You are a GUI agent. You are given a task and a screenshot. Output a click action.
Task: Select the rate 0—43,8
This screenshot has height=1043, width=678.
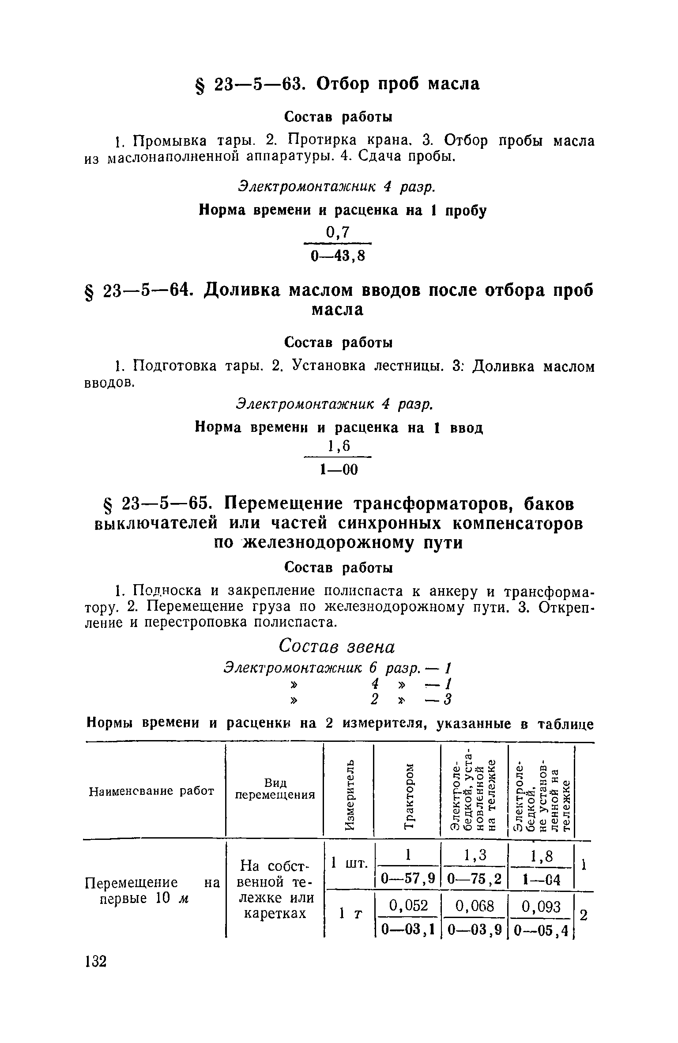pyautogui.click(x=338, y=256)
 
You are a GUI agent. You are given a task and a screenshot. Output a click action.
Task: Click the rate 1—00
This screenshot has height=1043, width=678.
pyautogui.click(x=339, y=470)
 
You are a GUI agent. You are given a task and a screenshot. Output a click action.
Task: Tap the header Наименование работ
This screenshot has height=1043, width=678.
pyautogui.click(x=151, y=791)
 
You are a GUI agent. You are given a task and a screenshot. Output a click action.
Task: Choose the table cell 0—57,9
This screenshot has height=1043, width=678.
pyautogui.click(x=408, y=877)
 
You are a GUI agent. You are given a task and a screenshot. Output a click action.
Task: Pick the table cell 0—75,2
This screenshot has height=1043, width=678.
pyautogui.click(x=475, y=877)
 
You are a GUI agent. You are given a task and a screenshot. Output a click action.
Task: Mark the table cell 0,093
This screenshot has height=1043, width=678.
pyautogui.click(x=541, y=907)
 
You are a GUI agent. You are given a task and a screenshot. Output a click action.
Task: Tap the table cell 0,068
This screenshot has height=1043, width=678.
pyautogui.click(x=475, y=907)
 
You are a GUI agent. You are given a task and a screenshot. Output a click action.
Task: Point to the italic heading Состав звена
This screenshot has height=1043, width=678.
pyautogui.click(x=338, y=647)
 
